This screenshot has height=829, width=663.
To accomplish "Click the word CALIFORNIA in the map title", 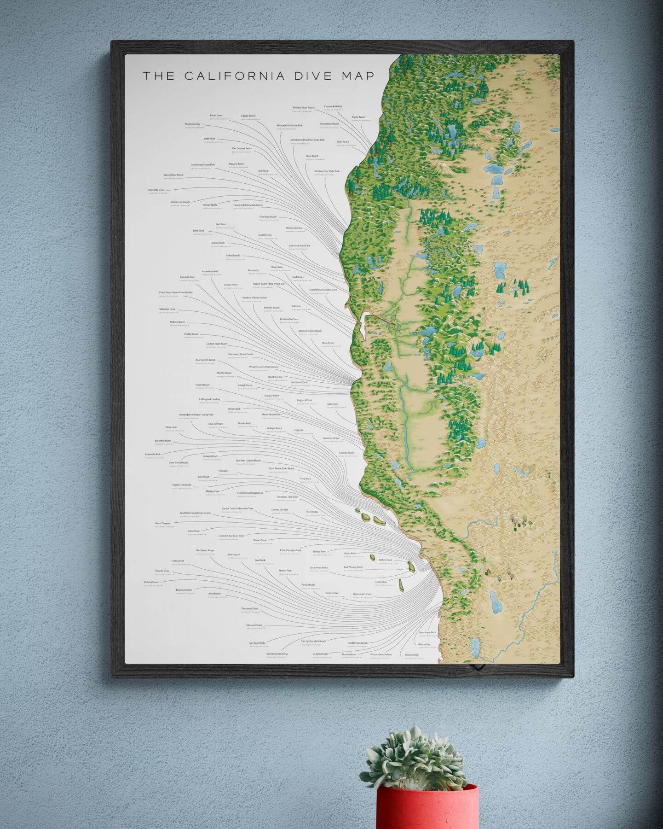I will pyautogui.click(x=234, y=76).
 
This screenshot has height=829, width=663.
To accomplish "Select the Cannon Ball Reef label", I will pyautogui.click(x=333, y=106).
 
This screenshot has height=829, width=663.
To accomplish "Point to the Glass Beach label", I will pyautogui.click(x=312, y=156).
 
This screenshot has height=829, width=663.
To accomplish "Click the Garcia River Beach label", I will pyautogui.click(x=173, y=175).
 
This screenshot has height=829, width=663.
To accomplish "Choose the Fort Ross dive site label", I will pyautogui.click(x=221, y=224).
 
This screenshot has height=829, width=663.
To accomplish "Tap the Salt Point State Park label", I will pyautogui.click(x=300, y=245).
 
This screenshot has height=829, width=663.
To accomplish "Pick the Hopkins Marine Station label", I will pyautogui.click(x=254, y=298).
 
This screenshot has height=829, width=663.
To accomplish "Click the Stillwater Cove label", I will pyautogui.click(x=167, y=309).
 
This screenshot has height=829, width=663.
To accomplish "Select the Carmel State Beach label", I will pyautogui.click(x=217, y=344).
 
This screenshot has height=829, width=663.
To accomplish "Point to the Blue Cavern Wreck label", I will pyautogui.click(x=205, y=360).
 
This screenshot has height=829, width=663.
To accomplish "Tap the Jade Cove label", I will pyautogui.click(x=332, y=404).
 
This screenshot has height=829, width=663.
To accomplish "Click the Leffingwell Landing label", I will pyautogui.click(x=209, y=399).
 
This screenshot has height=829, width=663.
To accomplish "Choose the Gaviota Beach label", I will pyautogui.click(x=346, y=453).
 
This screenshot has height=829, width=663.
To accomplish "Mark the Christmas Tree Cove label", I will pyautogui.click(x=288, y=497).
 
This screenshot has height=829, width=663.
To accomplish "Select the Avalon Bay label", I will pyautogui.click(x=381, y=582).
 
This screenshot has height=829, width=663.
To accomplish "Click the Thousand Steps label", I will pyautogui.click(x=250, y=608).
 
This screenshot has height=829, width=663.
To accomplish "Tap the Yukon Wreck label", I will pyautogui.click(x=412, y=654).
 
